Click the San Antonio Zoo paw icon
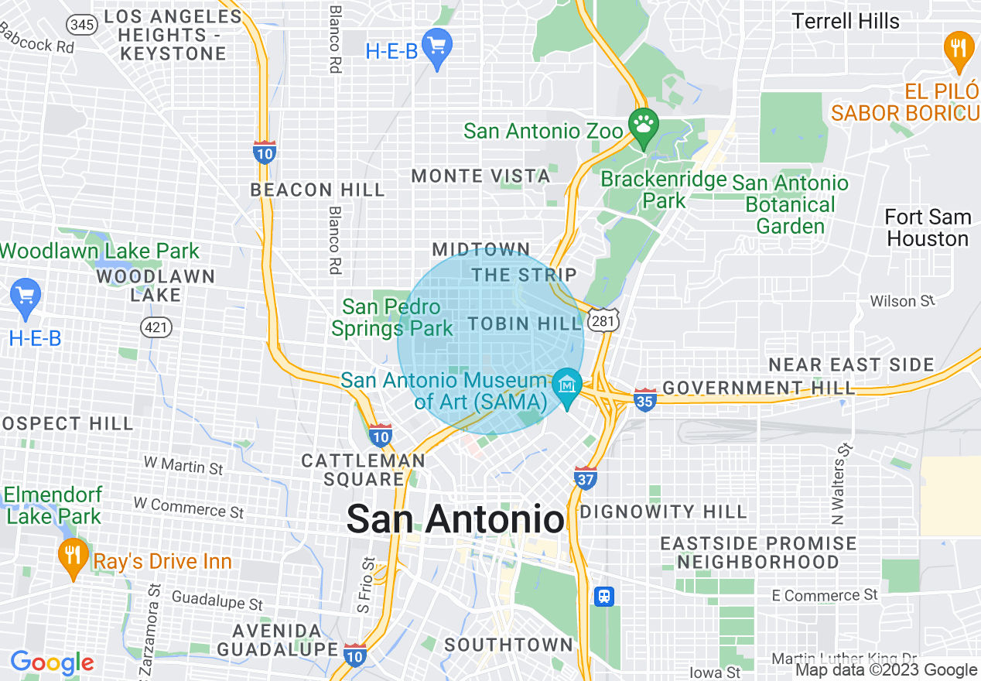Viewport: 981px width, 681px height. [643, 124]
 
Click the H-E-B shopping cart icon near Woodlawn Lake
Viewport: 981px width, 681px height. [26, 296]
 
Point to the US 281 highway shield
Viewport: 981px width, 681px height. [603, 320]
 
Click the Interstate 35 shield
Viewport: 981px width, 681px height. [644, 399]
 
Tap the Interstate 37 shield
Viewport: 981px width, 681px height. [586, 477]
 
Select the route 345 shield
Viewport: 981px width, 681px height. [81, 25]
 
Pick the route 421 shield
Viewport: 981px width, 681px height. [156, 327]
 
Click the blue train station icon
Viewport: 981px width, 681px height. [604, 596]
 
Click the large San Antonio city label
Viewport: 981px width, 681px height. [455, 519]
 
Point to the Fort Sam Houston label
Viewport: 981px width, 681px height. [928, 228]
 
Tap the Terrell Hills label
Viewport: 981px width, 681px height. [846, 21]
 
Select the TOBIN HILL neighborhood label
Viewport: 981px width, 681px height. [524, 323]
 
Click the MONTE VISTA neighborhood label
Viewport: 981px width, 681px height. [480, 176]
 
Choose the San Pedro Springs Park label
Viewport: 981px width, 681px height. [393, 317]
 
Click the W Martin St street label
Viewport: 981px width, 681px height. [183, 465]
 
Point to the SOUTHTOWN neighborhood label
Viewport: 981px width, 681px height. [508, 645]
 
